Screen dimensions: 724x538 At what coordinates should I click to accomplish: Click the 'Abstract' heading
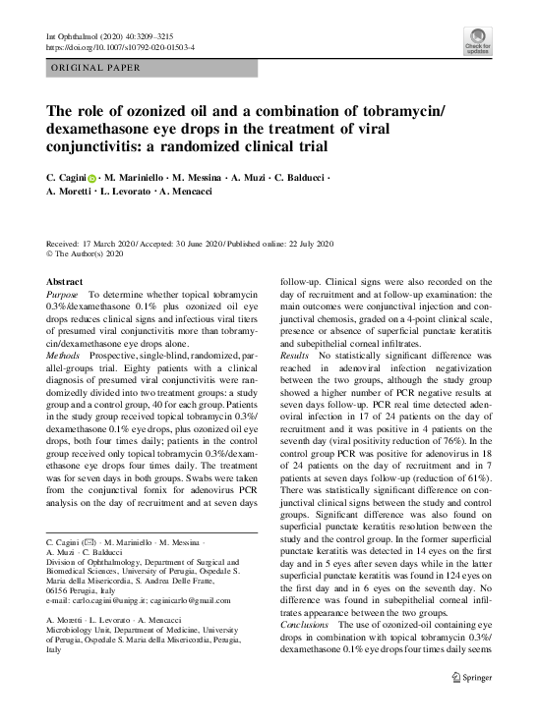coord(65,282)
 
